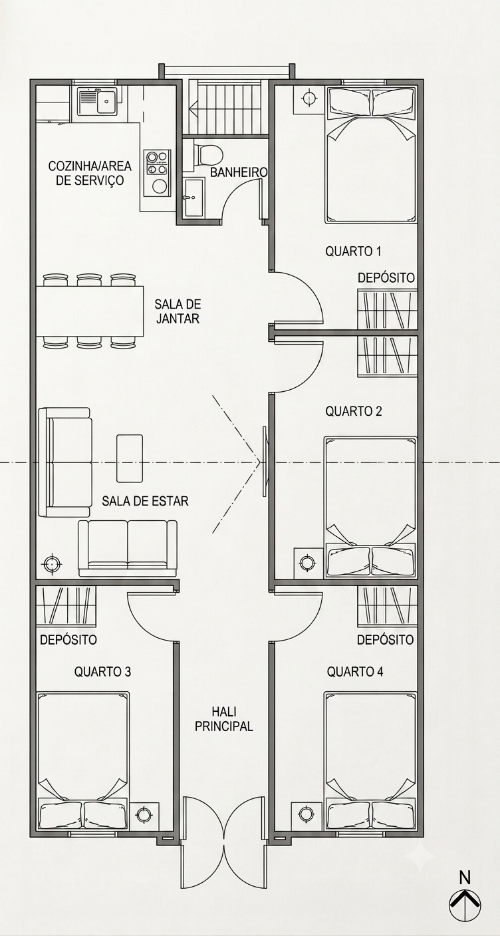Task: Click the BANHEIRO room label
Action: point(239,172)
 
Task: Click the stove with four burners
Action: point(157,162)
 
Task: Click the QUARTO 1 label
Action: point(353,251)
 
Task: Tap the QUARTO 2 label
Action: point(353,411)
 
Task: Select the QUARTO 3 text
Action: point(102,671)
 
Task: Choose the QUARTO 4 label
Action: point(355,671)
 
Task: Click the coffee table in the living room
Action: point(130,458)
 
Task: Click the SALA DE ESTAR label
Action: point(145,500)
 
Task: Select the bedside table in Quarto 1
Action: point(309,98)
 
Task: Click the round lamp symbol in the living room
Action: point(52,564)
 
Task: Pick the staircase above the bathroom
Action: point(228,108)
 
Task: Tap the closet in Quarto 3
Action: point(66,606)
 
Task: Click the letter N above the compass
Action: point(465,877)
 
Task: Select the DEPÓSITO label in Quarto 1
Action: point(386,277)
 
